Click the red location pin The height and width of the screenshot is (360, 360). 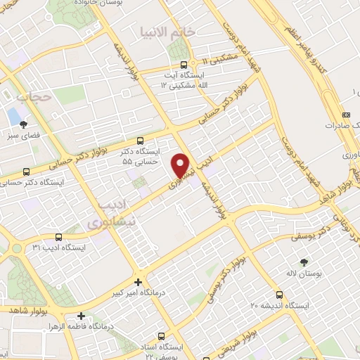[x=181, y=165]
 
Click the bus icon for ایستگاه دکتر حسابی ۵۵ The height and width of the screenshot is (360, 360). [x=141, y=141]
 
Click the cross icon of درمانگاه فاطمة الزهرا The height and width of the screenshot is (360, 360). [x=82, y=316]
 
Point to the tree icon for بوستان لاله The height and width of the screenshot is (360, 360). [x=303, y=262]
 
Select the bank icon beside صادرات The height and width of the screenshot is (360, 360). [x=345, y=115]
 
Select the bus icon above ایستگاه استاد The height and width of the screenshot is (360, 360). [x=162, y=336]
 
